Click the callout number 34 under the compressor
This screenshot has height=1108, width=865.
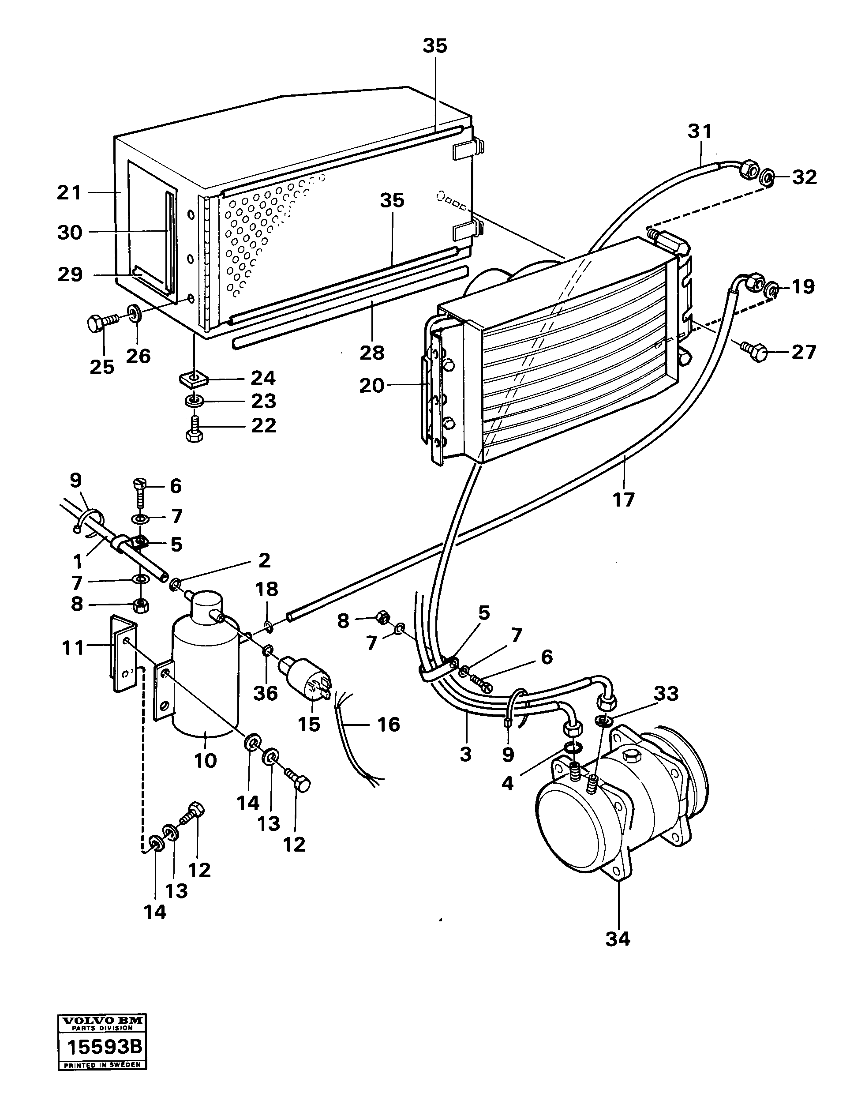(x=618, y=939)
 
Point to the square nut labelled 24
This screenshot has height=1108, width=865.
(x=193, y=378)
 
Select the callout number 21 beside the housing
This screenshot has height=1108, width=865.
(x=69, y=193)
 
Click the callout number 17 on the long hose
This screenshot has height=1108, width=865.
(x=623, y=500)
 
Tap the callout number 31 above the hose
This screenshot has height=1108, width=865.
(x=700, y=132)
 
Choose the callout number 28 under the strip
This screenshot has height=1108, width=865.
(x=372, y=353)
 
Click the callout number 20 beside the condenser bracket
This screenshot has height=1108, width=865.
(x=372, y=386)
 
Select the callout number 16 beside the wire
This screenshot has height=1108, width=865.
(x=388, y=725)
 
